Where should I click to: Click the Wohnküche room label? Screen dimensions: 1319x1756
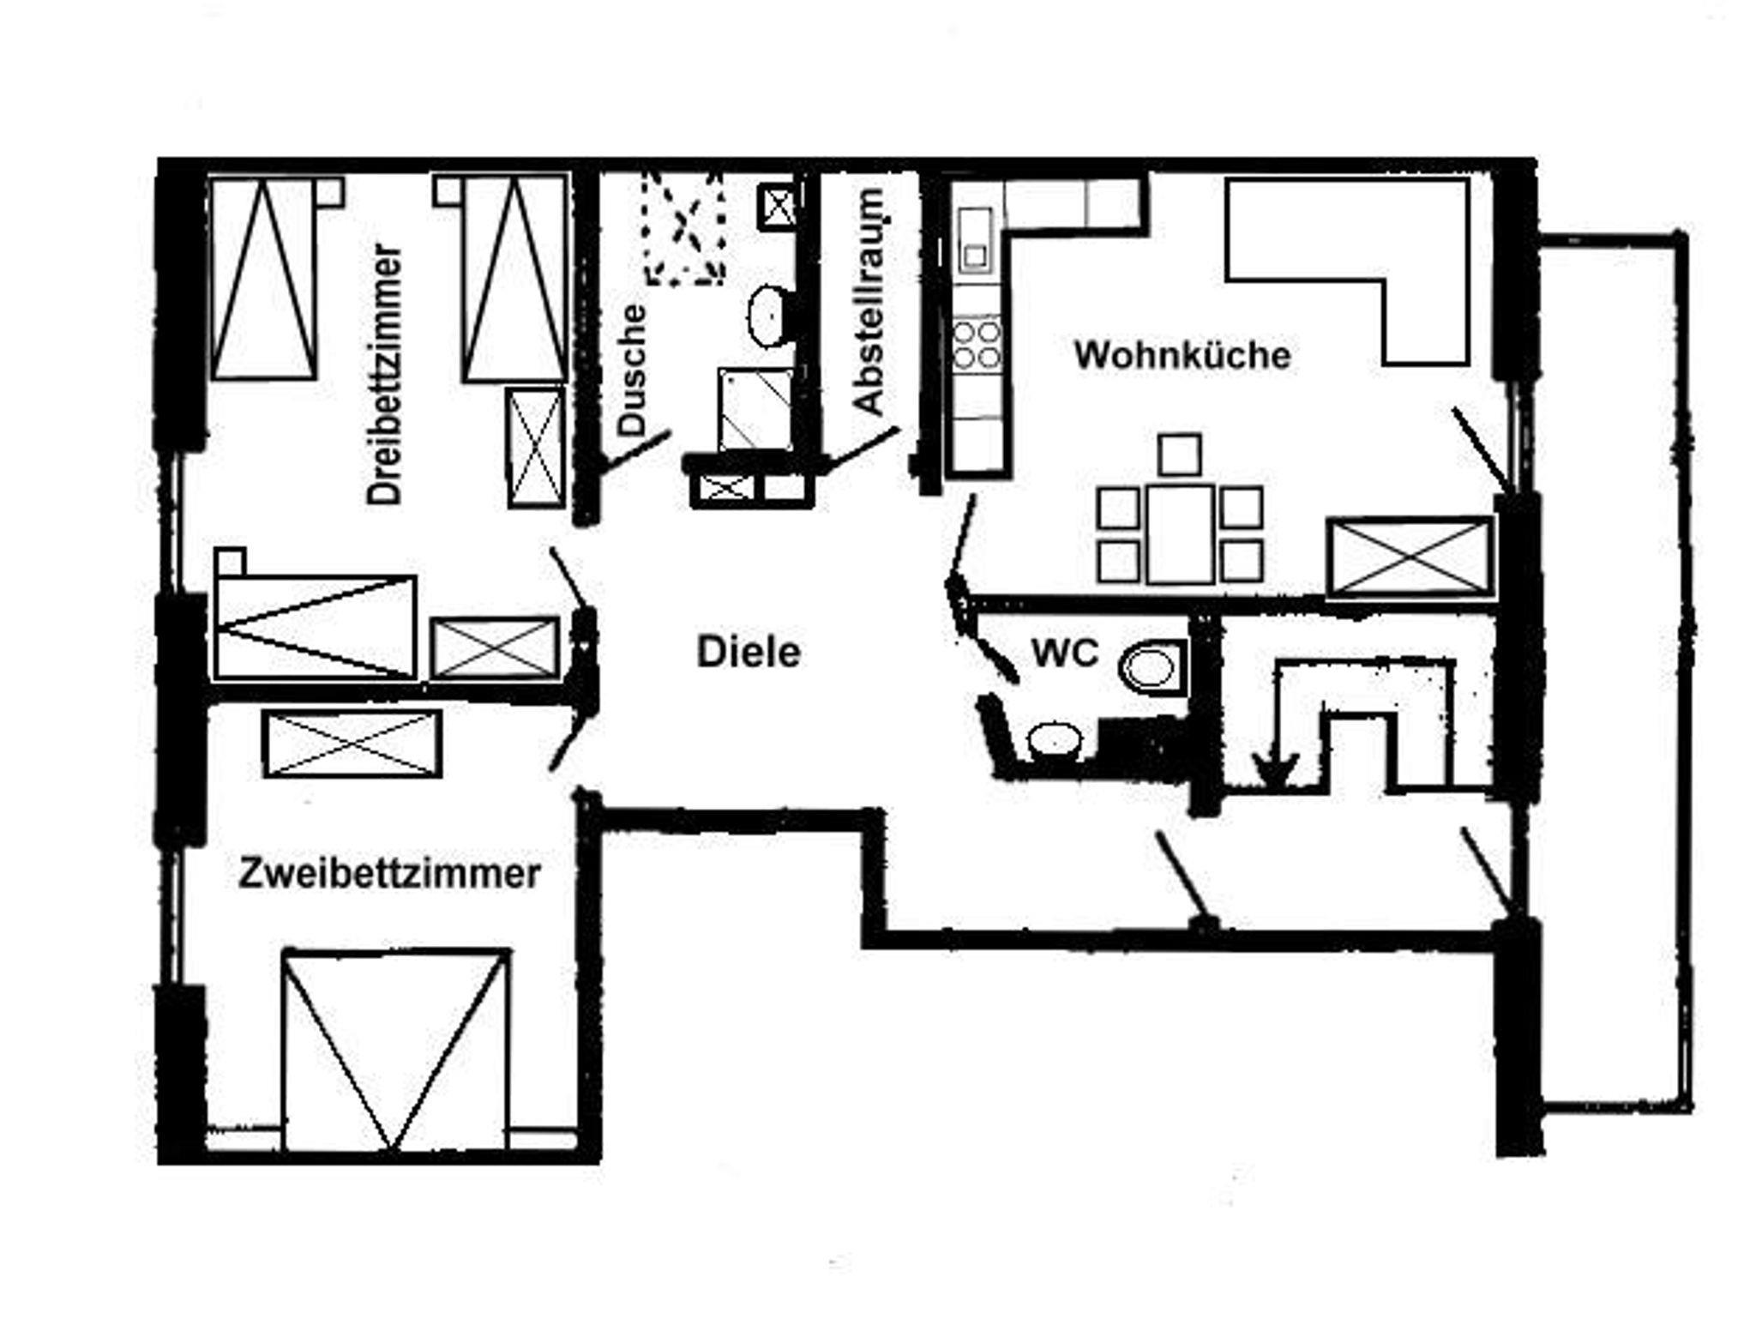point(1182,355)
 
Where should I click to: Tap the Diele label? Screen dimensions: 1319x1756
point(749,652)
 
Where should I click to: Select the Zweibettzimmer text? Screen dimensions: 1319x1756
point(389,874)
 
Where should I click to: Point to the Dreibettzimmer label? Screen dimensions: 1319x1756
point(383,375)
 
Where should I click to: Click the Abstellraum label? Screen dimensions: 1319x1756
point(869,302)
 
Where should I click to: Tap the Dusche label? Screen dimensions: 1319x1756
point(632,370)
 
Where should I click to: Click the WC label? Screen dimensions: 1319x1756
point(1065,653)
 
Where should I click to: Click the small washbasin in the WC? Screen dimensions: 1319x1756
point(1055,739)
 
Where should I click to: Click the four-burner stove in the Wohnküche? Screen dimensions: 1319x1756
point(977,343)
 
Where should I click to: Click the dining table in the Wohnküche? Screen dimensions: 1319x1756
point(1181,533)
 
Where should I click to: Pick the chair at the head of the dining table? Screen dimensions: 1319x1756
point(1180,455)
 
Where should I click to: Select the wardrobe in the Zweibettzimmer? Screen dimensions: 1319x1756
point(352,744)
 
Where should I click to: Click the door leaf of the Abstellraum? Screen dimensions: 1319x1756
point(860,449)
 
